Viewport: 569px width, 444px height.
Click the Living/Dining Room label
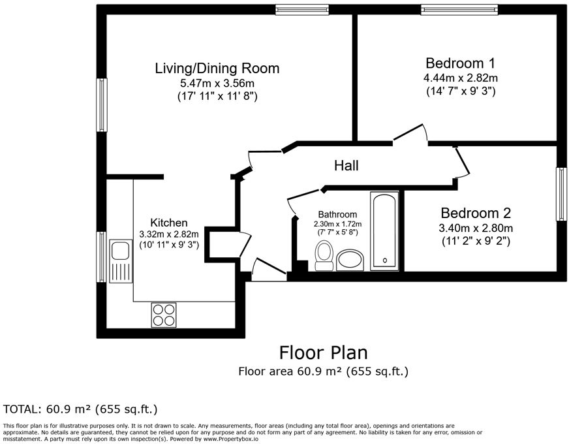click(217, 69)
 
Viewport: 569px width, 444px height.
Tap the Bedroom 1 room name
click(460, 63)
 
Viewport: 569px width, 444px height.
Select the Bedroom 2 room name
click(476, 213)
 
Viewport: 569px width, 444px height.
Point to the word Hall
click(346, 166)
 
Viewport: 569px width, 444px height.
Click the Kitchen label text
click(169, 223)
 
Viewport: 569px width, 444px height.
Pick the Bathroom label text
click(337, 214)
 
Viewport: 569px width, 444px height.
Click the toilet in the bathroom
click(324, 255)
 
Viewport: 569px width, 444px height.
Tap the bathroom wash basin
click(350, 260)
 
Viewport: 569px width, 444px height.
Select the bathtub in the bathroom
click(384, 231)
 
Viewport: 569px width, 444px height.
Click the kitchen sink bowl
click(121, 251)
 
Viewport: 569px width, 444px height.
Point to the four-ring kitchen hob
click(163, 315)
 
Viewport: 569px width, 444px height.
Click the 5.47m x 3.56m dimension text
click(217, 84)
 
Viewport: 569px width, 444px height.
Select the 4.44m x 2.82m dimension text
click(461, 78)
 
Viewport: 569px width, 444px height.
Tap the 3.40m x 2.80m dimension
click(476, 229)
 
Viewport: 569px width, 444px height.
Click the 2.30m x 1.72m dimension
click(337, 224)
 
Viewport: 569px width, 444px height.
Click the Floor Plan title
click(324, 353)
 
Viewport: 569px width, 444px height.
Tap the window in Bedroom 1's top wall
click(459, 10)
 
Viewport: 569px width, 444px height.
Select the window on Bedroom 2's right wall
click(562, 194)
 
